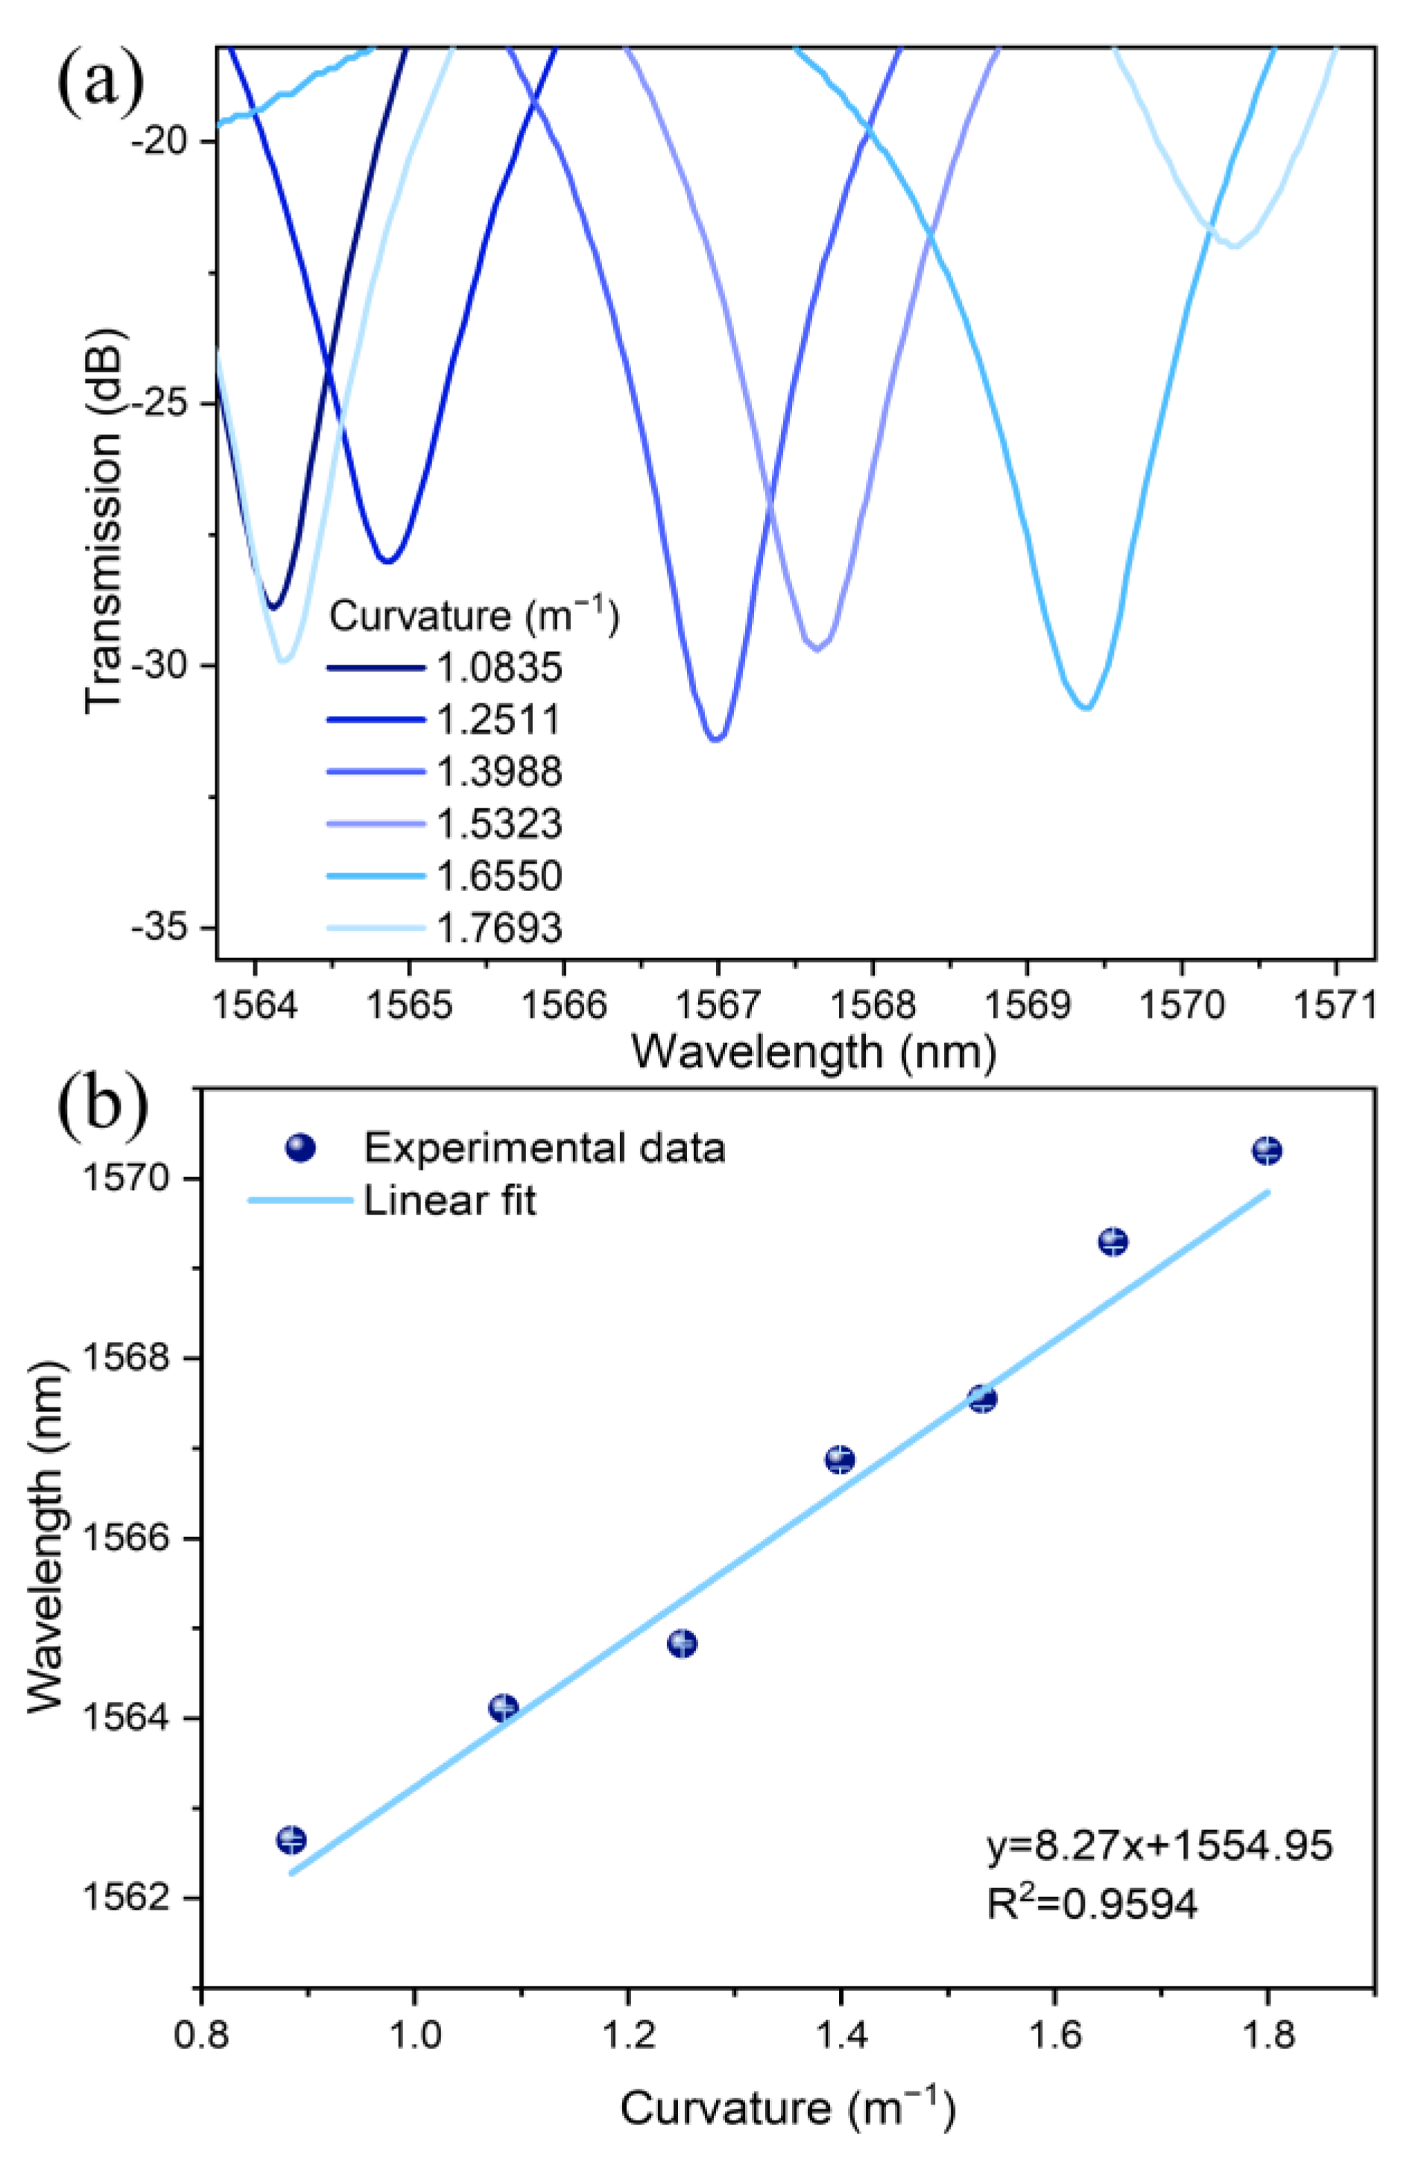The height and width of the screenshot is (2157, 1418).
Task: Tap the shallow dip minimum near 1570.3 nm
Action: point(1234,246)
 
